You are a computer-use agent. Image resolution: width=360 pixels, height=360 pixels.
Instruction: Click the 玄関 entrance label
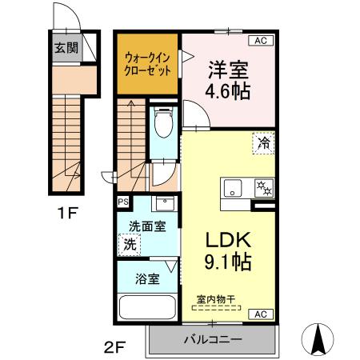pyautogui.click(x=65, y=47)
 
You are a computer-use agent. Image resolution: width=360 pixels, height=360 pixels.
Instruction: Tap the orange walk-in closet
pyautogui.click(x=147, y=63)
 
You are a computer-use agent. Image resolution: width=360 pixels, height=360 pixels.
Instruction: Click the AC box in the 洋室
pyautogui.click(x=261, y=40)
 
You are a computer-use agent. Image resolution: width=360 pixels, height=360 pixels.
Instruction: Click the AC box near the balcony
pyautogui.click(x=261, y=314)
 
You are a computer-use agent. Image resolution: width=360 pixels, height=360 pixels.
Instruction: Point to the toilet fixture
pyautogui.click(x=165, y=122)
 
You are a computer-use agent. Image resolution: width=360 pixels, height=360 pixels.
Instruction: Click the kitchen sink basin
pyautogui.click(x=234, y=190)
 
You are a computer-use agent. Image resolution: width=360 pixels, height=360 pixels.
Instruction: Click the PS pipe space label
pyautogui.click(x=123, y=202)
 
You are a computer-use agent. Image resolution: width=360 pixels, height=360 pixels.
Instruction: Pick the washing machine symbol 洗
pyautogui.click(x=129, y=244)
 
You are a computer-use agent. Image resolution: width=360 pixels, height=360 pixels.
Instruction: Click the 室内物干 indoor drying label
pyautogui.click(x=216, y=300)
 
